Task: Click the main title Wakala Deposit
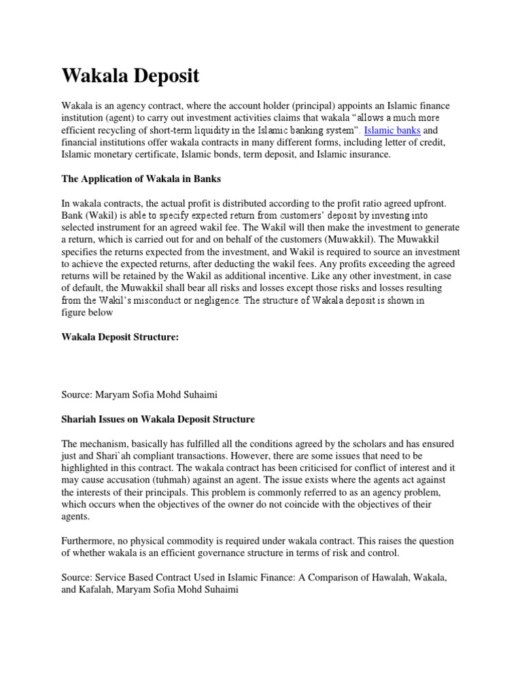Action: point(130,76)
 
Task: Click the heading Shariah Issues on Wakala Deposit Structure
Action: point(158,419)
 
